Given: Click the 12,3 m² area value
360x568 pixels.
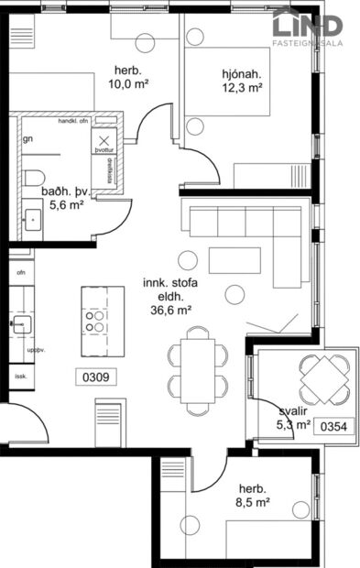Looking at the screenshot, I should point(242,88).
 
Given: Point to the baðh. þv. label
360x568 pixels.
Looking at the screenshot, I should point(62,192).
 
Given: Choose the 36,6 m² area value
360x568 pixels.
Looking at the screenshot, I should point(169,310).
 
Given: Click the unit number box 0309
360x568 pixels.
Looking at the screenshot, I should point(96,375).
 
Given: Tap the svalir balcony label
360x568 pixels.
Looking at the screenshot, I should point(293,410).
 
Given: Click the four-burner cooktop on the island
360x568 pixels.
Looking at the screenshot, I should point(95,319).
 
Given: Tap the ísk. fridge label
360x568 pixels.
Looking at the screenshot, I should point(20,376).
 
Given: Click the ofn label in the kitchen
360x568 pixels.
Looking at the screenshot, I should point(20,271).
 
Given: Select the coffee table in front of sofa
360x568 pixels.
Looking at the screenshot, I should point(234,261).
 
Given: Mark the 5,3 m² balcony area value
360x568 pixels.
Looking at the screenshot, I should point(293,424).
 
